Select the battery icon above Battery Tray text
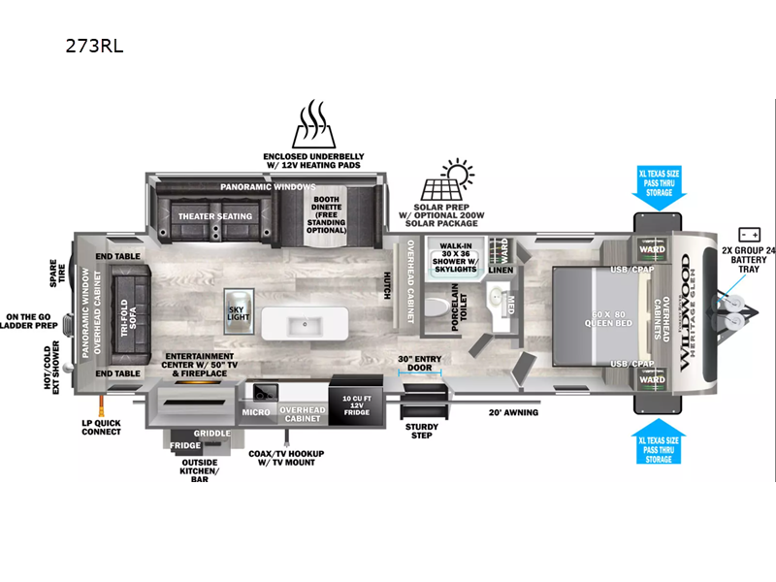coord(749,234)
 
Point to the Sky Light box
coord(238,310)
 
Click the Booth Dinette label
coord(325,214)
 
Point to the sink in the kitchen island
coord(305,323)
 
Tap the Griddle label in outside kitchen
coord(212,434)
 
